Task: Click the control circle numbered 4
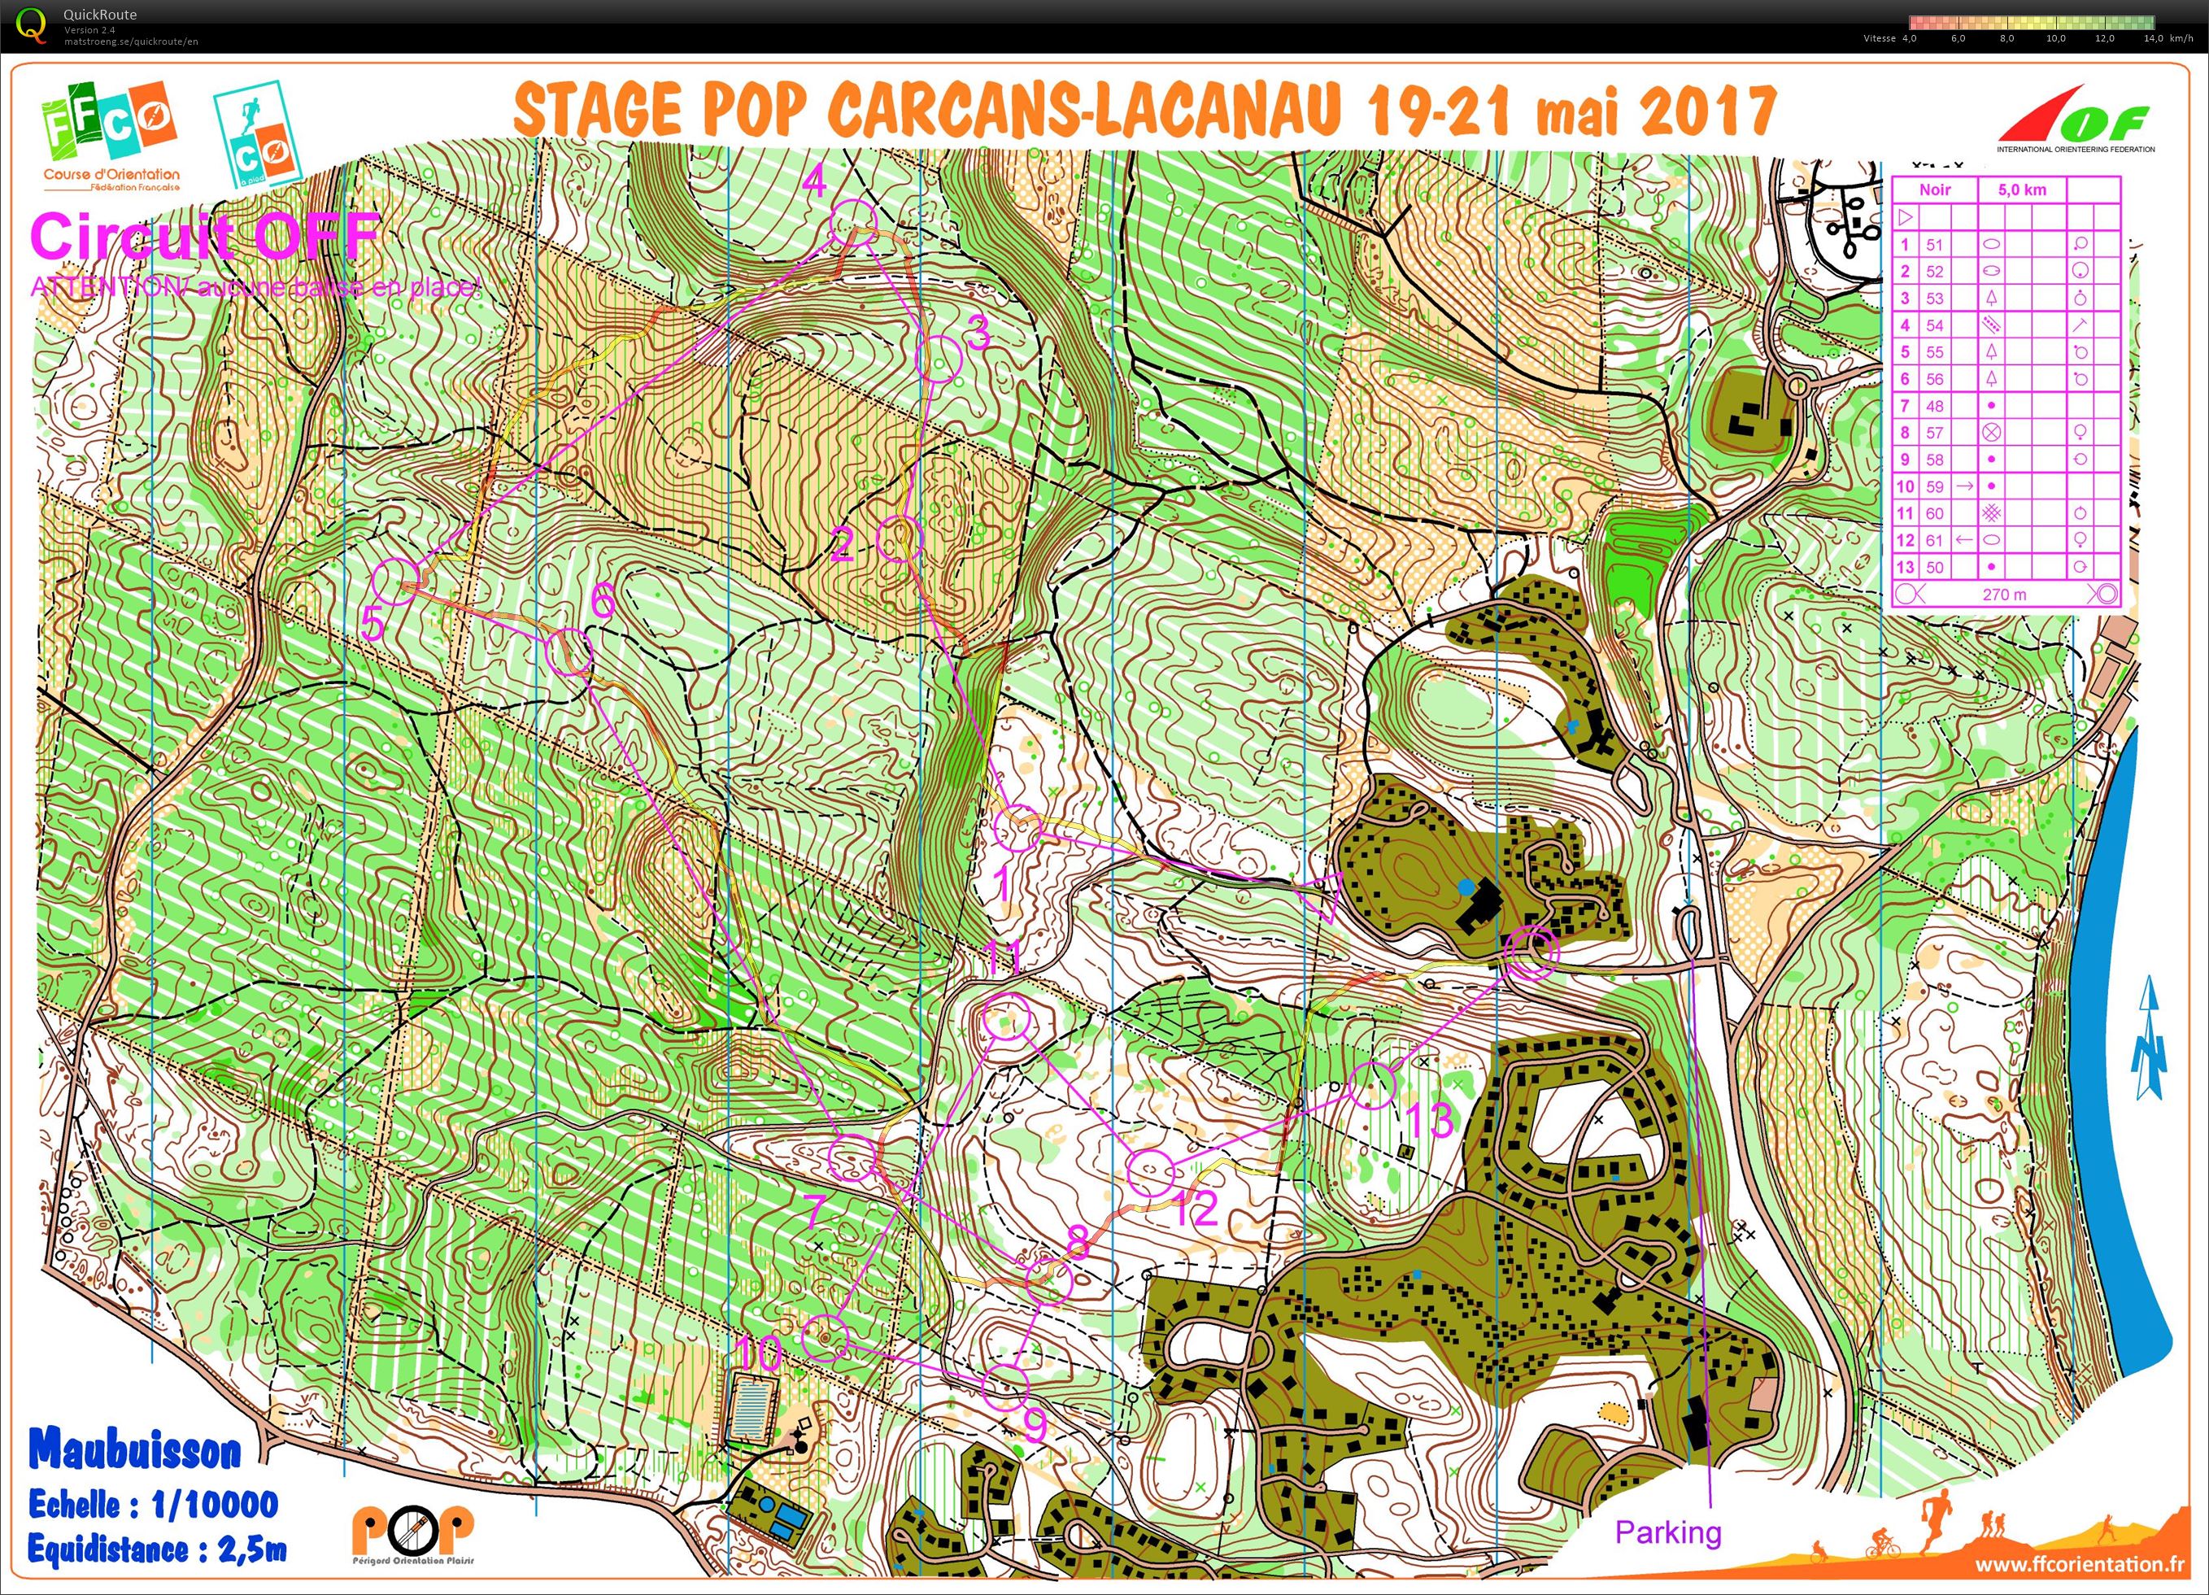(853, 223)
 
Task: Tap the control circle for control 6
(569, 652)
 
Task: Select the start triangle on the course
(1320, 896)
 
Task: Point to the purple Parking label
(1667, 1532)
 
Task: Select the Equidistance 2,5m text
(156, 1549)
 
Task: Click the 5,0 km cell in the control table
(2021, 190)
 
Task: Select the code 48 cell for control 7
(1934, 406)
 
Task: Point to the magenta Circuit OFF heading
(204, 237)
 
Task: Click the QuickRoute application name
(100, 15)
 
